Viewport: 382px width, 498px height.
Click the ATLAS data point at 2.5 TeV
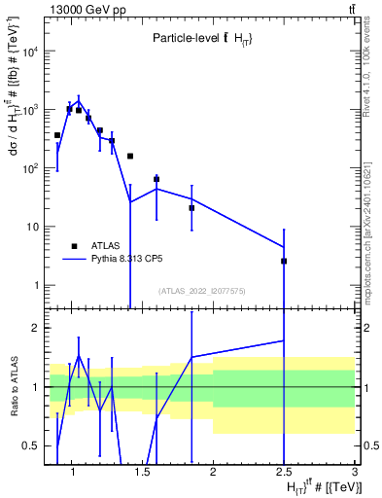point(284,261)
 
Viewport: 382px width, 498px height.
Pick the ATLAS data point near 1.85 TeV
point(191,208)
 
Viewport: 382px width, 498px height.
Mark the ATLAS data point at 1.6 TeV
point(156,179)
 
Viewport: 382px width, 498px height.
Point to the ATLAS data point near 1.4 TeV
point(130,156)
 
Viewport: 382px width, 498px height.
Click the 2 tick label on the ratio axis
point(35,329)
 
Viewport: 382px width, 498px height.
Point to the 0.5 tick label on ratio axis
point(31,445)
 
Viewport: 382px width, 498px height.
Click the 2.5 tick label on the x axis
point(284,474)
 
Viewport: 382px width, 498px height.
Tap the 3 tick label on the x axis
point(355,474)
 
